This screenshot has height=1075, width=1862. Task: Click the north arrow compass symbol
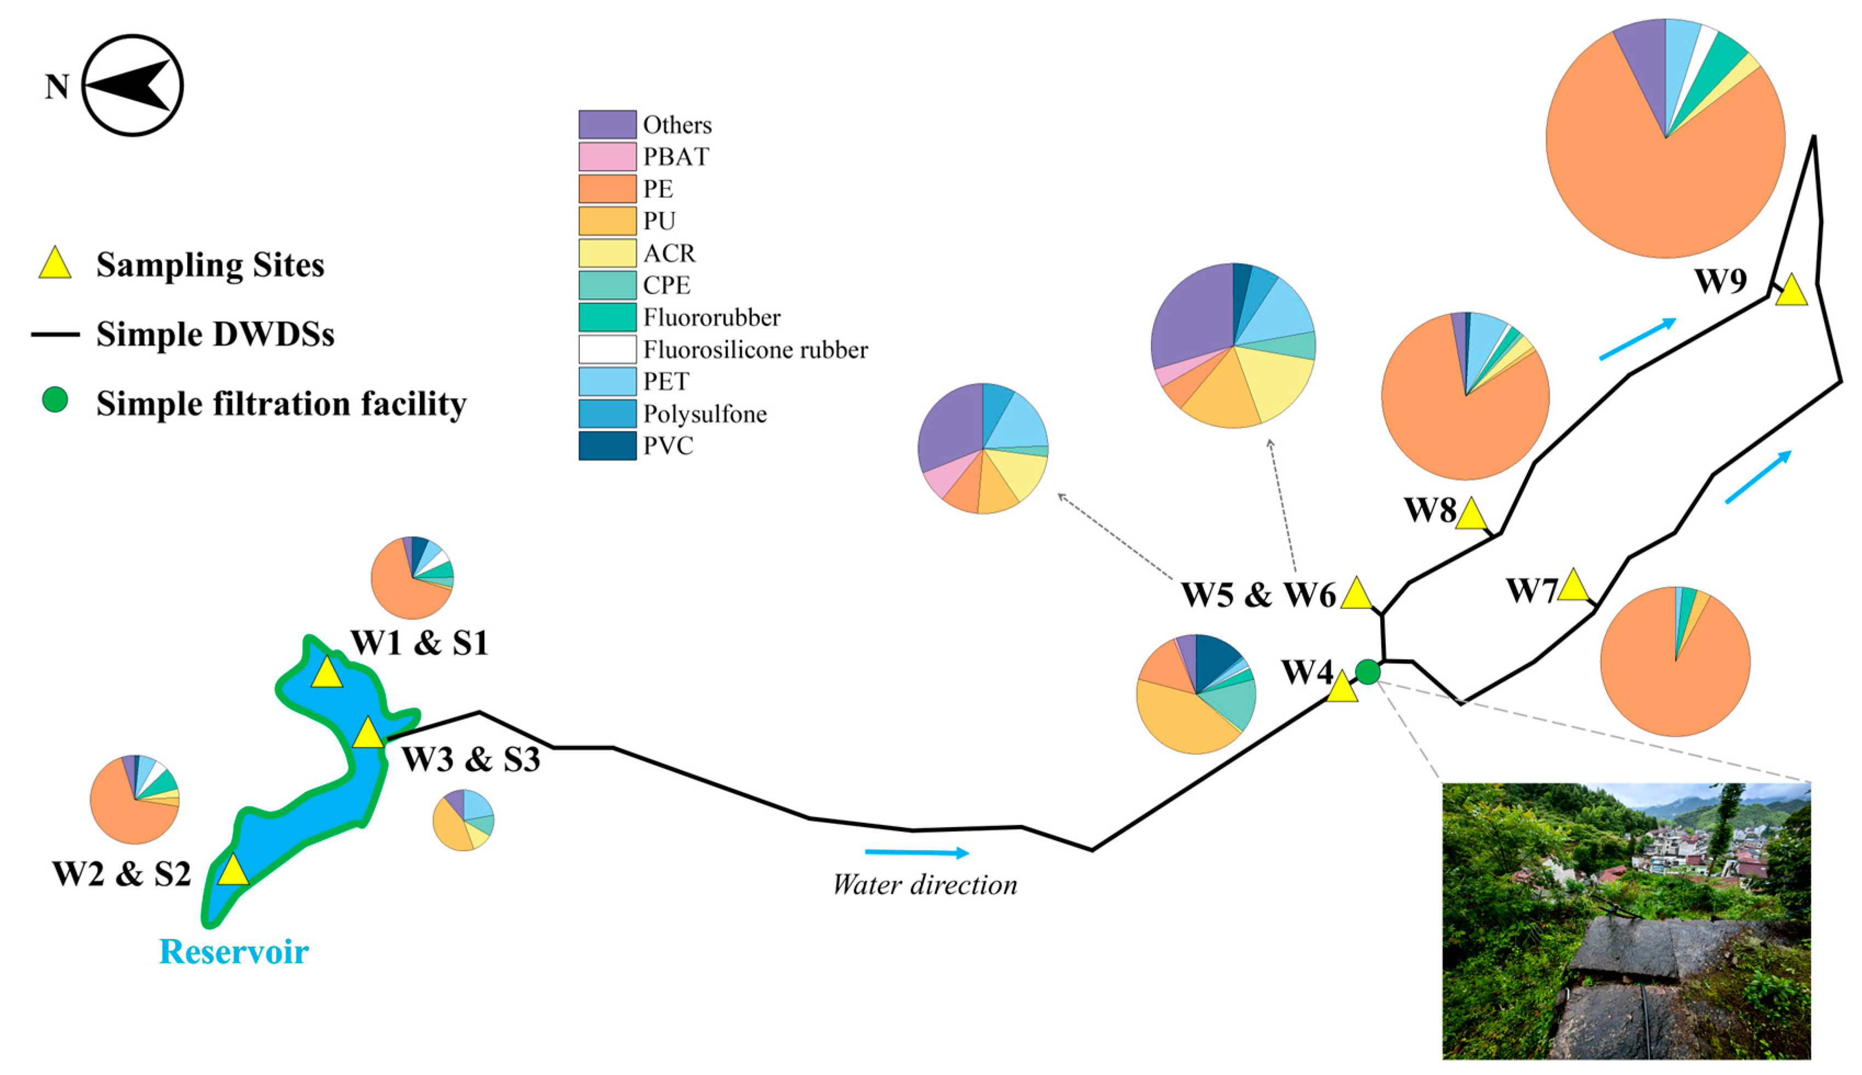coord(132,86)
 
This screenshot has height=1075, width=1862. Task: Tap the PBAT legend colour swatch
coord(607,157)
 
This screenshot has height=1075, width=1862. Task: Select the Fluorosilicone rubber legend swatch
coord(607,349)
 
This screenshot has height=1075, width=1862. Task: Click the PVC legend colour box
coord(607,446)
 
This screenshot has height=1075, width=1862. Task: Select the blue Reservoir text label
coord(234,952)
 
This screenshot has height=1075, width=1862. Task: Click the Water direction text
coord(925,885)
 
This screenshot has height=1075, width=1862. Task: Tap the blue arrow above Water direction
coord(916,853)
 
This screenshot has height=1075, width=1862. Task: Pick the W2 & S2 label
coord(122,874)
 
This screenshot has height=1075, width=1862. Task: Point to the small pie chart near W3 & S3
coord(463,820)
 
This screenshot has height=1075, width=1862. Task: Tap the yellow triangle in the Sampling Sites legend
coord(55,264)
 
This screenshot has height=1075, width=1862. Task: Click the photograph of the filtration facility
coord(1626,922)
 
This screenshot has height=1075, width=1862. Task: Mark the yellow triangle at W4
coord(1342,688)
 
